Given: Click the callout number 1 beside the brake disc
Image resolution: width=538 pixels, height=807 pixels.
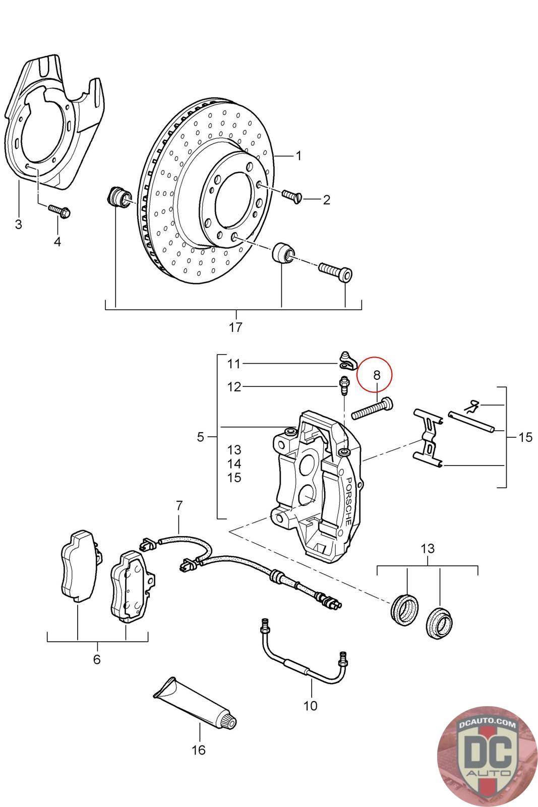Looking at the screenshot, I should coord(298,155).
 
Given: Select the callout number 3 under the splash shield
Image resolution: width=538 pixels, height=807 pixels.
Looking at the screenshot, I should coord(19,224).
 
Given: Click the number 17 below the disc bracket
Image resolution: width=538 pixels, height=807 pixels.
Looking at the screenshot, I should coord(235,327).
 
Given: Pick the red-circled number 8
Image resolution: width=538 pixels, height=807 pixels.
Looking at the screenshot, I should coord(377,375).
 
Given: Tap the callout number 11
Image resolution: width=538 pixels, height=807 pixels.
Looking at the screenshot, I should coord(234,363).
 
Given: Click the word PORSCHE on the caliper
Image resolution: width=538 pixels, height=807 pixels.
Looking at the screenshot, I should coord(347,501).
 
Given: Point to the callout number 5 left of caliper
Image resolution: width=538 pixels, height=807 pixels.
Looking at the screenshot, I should coord(201,437).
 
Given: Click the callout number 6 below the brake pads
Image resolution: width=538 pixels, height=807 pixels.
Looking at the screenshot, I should coord(97,659).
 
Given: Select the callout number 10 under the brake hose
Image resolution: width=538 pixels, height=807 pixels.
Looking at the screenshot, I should coord(311,705).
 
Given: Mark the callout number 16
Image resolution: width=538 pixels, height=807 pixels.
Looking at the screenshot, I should coord(199,750).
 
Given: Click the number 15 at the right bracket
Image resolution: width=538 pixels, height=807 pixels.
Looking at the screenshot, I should coord(525,437).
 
